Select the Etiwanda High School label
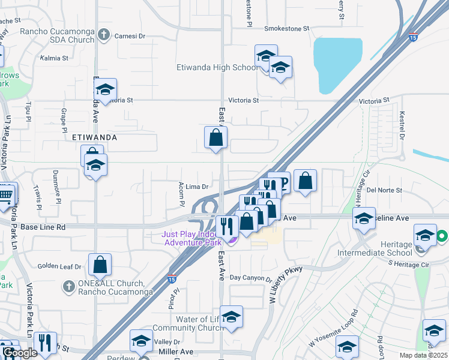(x=217, y=67)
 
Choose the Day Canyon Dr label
(x=252, y=278)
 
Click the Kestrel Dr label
(x=403, y=122)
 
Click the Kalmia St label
(x=55, y=58)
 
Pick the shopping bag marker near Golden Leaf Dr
(x=100, y=264)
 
